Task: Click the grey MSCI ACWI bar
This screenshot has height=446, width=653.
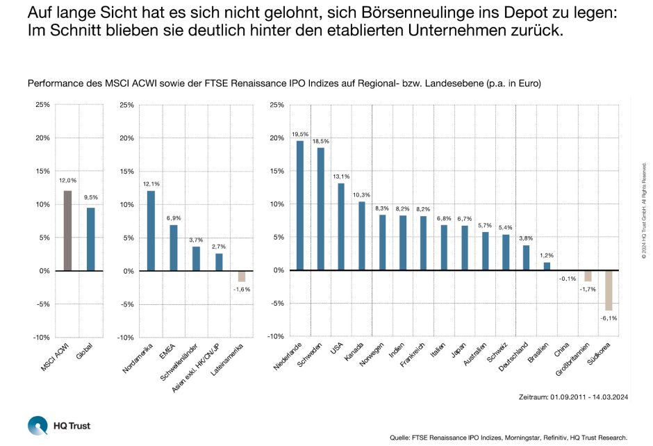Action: point(67,231)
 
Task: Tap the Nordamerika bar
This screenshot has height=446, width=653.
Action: point(151,231)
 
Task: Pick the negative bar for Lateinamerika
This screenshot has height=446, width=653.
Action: point(242,276)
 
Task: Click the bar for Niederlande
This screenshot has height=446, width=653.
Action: point(300,206)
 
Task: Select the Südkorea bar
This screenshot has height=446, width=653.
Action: point(609,290)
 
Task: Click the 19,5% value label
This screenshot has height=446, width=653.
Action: point(300,133)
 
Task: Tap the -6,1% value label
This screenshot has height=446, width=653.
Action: point(609,317)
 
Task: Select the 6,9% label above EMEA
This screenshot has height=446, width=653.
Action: point(174,218)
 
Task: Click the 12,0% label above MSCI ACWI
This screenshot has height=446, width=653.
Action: point(67,180)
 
